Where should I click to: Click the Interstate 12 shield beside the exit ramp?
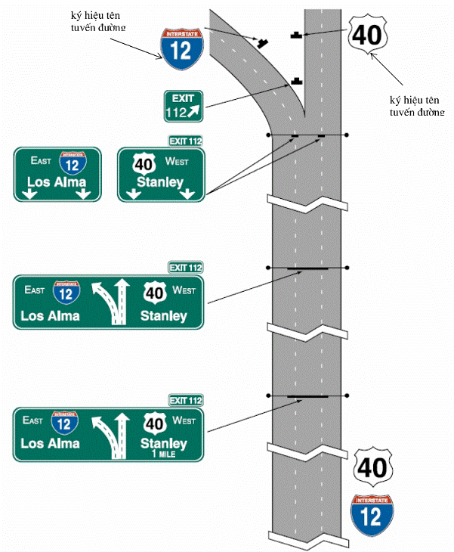click(x=182, y=49)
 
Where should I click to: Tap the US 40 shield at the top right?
click(x=368, y=35)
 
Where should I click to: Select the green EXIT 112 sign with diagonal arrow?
click(x=184, y=107)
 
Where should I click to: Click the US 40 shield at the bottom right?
click(x=372, y=467)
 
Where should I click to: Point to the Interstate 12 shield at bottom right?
click(x=372, y=515)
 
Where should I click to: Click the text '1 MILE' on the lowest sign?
click(x=163, y=454)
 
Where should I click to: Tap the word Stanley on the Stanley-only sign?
click(x=160, y=182)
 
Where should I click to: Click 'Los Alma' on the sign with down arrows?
click(x=57, y=182)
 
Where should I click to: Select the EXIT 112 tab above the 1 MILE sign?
click(x=186, y=400)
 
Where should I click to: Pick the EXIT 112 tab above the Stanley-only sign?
click(x=186, y=141)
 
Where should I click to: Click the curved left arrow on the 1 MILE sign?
click(x=106, y=435)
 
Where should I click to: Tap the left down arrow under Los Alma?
click(x=29, y=194)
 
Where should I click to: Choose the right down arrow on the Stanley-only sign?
click(x=187, y=194)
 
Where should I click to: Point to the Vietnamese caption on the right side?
click(x=417, y=106)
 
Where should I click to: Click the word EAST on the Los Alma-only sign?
click(x=41, y=161)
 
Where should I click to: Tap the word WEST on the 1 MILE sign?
click(x=184, y=420)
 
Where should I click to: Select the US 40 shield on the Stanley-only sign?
click(x=144, y=163)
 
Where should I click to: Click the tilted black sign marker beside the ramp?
click(x=262, y=43)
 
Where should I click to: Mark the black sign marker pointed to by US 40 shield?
click(x=296, y=35)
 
